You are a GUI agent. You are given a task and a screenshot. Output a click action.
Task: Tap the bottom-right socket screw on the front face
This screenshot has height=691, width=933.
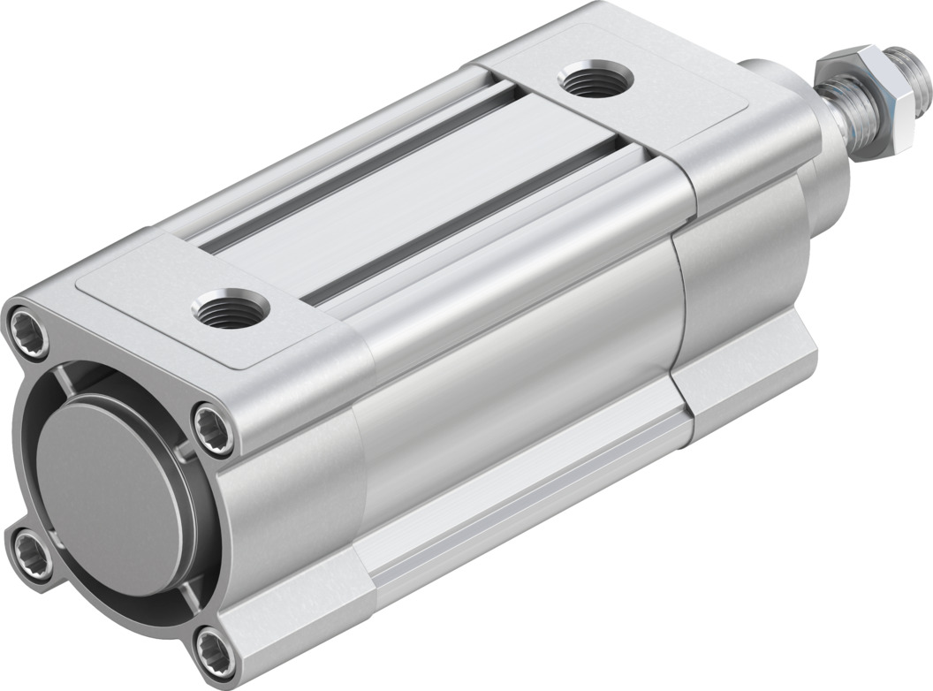click(215, 649)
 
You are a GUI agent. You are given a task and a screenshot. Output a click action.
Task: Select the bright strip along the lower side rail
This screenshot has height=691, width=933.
click(530, 495)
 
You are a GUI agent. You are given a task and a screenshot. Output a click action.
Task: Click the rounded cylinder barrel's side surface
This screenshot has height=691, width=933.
click(512, 371)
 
